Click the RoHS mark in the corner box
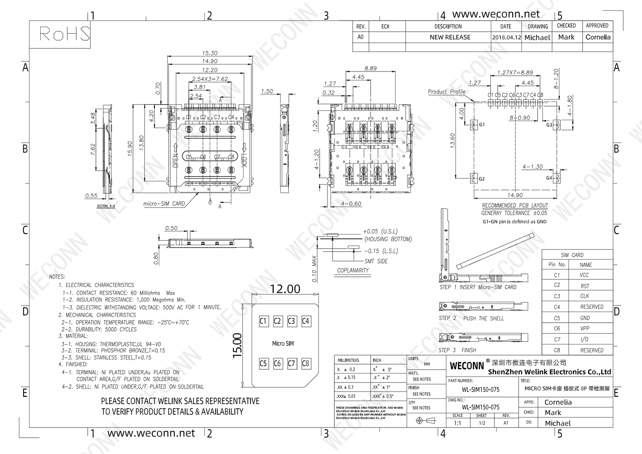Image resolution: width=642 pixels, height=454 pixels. (65, 33)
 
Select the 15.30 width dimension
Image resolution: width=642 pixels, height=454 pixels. (210, 53)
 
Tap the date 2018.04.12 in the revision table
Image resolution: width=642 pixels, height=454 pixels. (506, 37)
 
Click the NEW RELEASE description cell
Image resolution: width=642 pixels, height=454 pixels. (450, 37)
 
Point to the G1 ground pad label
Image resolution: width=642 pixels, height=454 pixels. (482, 125)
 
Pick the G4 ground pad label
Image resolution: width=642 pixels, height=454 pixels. (549, 178)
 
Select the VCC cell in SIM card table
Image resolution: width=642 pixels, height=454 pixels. (584, 275)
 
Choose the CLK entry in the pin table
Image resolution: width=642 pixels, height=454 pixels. (585, 296)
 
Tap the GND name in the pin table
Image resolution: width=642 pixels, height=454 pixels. (585, 318)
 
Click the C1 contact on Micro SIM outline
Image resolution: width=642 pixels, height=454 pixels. (263, 321)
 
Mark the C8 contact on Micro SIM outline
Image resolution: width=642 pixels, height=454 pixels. (306, 363)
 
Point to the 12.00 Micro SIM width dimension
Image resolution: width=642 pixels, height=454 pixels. (285, 289)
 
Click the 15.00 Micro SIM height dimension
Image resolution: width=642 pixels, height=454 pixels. (238, 345)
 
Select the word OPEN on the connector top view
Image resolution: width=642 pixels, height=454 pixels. (175, 160)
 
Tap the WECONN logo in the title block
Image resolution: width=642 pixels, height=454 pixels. (467, 366)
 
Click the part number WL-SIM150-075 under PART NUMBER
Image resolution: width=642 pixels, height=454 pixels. (480, 389)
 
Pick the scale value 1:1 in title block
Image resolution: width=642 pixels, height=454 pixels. (457, 423)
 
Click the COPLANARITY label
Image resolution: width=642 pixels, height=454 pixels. (353, 270)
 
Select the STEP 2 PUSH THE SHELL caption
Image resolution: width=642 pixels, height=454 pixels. (471, 318)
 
